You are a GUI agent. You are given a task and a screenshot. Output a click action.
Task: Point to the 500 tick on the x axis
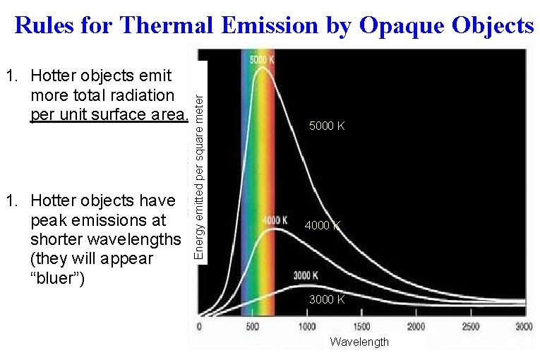click(x=253, y=327)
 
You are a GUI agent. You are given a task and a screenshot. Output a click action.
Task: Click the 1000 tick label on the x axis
click(x=306, y=327)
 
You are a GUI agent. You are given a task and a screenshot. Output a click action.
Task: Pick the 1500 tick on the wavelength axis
click(x=361, y=327)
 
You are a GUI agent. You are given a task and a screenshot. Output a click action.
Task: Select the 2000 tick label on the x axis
click(x=415, y=327)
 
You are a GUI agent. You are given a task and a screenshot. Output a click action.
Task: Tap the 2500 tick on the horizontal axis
click(x=469, y=327)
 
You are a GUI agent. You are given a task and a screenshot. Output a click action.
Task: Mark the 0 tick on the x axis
click(x=199, y=327)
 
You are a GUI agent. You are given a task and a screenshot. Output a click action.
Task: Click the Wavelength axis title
click(x=359, y=342)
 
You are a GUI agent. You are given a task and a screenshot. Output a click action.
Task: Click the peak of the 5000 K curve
click(x=263, y=67)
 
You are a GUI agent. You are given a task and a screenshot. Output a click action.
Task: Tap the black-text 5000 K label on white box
click(x=327, y=126)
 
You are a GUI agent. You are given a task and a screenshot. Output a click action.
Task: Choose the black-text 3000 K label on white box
click(x=327, y=299)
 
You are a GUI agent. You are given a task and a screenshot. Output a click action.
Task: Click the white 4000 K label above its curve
click(x=275, y=220)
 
